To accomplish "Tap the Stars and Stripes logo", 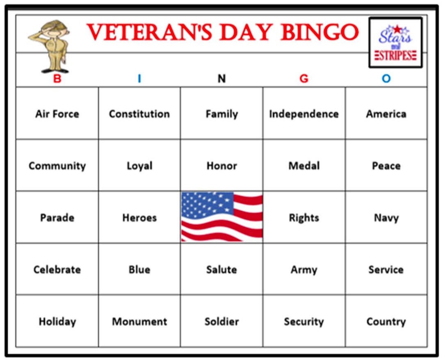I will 395,43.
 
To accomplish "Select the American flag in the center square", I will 222,216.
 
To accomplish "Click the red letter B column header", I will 57,78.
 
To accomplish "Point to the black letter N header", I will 221,78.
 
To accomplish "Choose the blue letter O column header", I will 386,78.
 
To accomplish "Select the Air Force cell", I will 57,114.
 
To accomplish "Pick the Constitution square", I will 139,114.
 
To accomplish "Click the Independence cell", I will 304,114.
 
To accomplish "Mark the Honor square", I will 221,166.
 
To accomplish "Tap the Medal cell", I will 304,166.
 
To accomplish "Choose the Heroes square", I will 139,218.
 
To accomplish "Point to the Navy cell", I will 386,218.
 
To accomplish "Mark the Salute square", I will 221,269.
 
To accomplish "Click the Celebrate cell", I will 57,269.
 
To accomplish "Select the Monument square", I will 139,321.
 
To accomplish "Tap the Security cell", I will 304,321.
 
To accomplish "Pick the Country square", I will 386,321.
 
